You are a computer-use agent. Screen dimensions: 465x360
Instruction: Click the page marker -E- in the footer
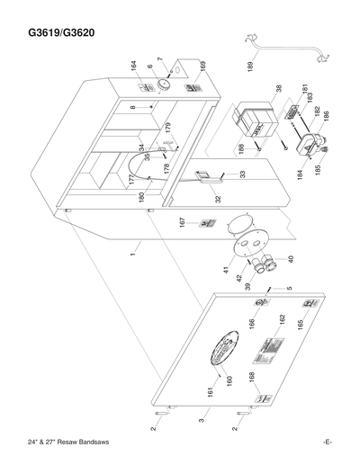pyautogui.click(x=328, y=442)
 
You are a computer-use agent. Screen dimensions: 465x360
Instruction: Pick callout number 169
pyautogui.click(x=202, y=67)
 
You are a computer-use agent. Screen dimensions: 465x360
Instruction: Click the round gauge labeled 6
pyautogui.click(x=165, y=84)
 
